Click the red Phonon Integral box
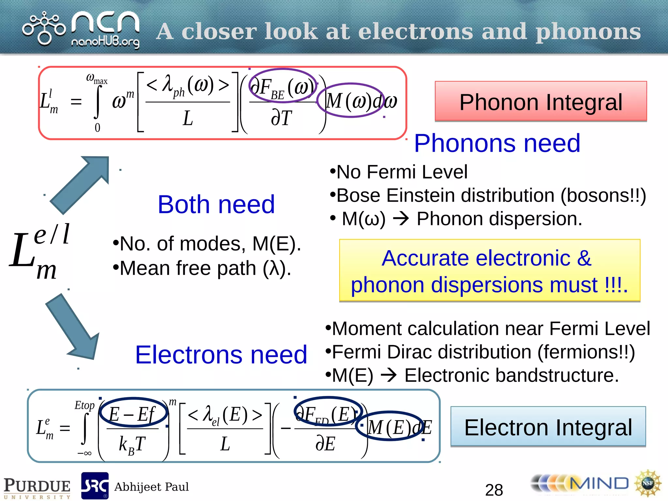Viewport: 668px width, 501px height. click(x=540, y=101)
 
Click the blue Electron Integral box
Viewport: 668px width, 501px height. click(x=548, y=427)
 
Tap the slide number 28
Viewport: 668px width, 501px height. click(x=494, y=489)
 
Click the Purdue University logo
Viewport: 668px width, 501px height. click(x=37, y=487)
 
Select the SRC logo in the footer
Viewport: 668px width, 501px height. click(x=95, y=486)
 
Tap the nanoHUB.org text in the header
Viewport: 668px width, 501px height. click(x=105, y=42)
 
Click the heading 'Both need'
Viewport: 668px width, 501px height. click(x=216, y=205)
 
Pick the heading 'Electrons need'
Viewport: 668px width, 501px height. click(x=221, y=355)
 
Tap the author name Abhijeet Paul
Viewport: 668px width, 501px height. click(x=151, y=487)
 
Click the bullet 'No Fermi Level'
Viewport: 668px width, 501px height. click(x=401, y=172)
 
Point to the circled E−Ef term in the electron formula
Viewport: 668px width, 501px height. click(x=133, y=413)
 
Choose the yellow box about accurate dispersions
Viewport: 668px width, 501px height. click(x=489, y=271)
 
